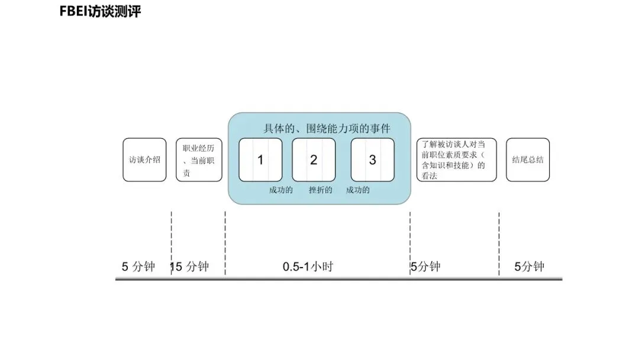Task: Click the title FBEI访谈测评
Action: (100, 11)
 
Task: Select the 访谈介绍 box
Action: (144, 160)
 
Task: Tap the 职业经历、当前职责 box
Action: (199, 160)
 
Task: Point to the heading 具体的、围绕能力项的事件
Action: (327, 128)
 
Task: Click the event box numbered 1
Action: (260, 160)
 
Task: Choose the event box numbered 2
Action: (314, 160)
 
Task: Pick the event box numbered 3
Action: (372, 160)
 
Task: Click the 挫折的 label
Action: (320, 190)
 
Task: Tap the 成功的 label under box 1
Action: (281, 190)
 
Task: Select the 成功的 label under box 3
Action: (358, 190)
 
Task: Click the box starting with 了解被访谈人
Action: (456, 160)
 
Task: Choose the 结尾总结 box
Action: (528, 160)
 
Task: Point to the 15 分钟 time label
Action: (189, 266)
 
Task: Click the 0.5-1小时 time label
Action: (308, 266)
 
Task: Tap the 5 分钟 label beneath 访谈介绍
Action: (138, 266)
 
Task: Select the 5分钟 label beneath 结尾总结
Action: (529, 266)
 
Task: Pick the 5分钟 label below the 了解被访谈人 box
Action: (426, 266)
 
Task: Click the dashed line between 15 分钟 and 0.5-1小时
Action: (225, 243)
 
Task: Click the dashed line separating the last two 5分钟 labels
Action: (499, 243)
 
